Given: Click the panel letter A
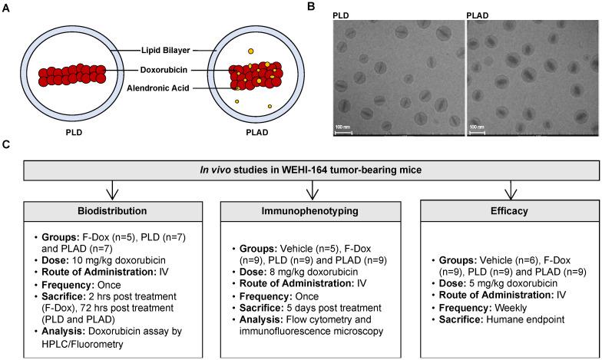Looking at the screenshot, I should tap(7, 7).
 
